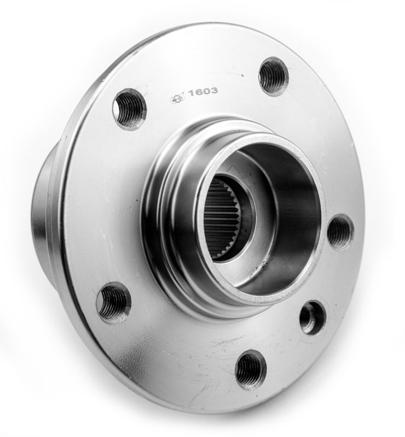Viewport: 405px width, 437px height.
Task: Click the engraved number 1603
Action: [203, 91]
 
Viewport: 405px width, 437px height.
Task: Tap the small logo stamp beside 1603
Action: [178, 98]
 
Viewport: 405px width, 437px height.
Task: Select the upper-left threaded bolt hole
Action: [130, 109]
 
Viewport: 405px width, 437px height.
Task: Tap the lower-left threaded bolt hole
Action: [113, 303]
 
